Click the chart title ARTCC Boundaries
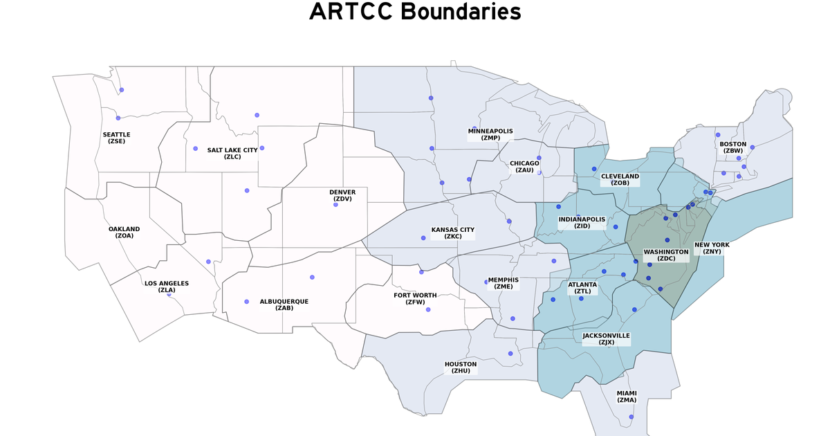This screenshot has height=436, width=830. tap(414, 12)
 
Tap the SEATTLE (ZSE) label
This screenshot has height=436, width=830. tap(116, 138)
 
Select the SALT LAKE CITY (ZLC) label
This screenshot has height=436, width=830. tap(232, 153)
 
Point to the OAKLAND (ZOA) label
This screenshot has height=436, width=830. tap(124, 232)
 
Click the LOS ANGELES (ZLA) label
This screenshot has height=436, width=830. tap(166, 287)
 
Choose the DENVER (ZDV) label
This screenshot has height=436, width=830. tap(342, 195)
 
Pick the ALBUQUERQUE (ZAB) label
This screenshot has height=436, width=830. tap(284, 305)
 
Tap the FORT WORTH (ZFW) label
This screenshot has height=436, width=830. tap(415, 299)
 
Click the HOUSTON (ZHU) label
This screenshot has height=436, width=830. tap(461, 367)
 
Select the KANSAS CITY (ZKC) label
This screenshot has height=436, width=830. tap(453, 233)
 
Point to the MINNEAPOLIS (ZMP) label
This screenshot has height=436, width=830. tap(490, 134)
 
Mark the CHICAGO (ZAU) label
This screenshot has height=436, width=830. tap(524, 167)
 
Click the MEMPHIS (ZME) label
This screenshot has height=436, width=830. tap(504, 283)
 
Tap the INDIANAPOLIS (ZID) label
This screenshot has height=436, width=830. tap(582, 222)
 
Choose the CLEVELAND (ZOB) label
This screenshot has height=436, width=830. tap(620, 179)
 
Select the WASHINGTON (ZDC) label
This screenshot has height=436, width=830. tap(666, 255)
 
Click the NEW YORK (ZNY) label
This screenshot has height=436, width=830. tap(712, 248)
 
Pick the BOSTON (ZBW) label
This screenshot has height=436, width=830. tap(733, 147)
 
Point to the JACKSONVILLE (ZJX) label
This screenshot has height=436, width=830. tap(606, 338)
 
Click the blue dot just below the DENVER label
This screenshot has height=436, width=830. tap(335, 204)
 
